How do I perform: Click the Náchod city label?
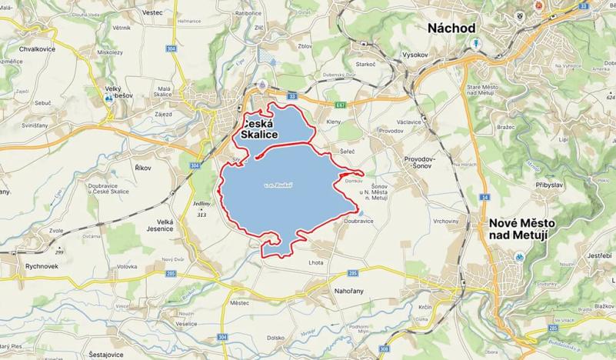click(451, 28)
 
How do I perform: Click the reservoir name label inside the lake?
click(276, 185)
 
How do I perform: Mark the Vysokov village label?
click(415, 55)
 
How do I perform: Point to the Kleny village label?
click(334, 122)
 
